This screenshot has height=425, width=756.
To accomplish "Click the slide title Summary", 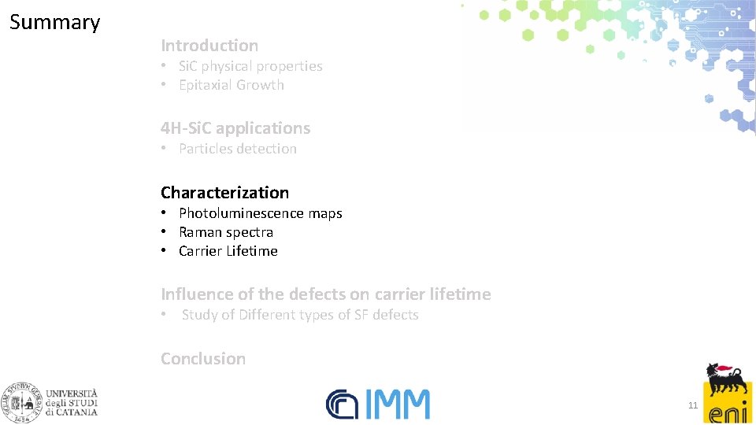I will pos(54,22).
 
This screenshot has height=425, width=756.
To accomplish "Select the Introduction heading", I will pos(209,46).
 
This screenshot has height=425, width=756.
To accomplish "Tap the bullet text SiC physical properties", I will pos(250,66).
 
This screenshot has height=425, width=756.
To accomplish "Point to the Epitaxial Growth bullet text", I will pos(231,85).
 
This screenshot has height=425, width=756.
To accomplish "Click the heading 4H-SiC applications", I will pos(235,128).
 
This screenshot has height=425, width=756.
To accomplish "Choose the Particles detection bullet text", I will pos(237,149).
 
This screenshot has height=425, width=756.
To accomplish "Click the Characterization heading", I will pos(224,192).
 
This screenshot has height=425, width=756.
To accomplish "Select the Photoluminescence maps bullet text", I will pos(260,213).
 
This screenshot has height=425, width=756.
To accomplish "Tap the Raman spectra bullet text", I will pos(225,232).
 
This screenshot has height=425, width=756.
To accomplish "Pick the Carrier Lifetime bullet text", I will pos(228,251).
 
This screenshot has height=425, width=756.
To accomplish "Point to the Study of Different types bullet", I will pos(299,315).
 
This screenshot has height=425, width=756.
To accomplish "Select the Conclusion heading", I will pos(203,358).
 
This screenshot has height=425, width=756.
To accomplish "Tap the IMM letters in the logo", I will pos(397,405).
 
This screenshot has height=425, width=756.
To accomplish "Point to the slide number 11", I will pos(693,406).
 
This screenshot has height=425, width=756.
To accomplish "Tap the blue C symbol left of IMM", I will pos(342,405).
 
